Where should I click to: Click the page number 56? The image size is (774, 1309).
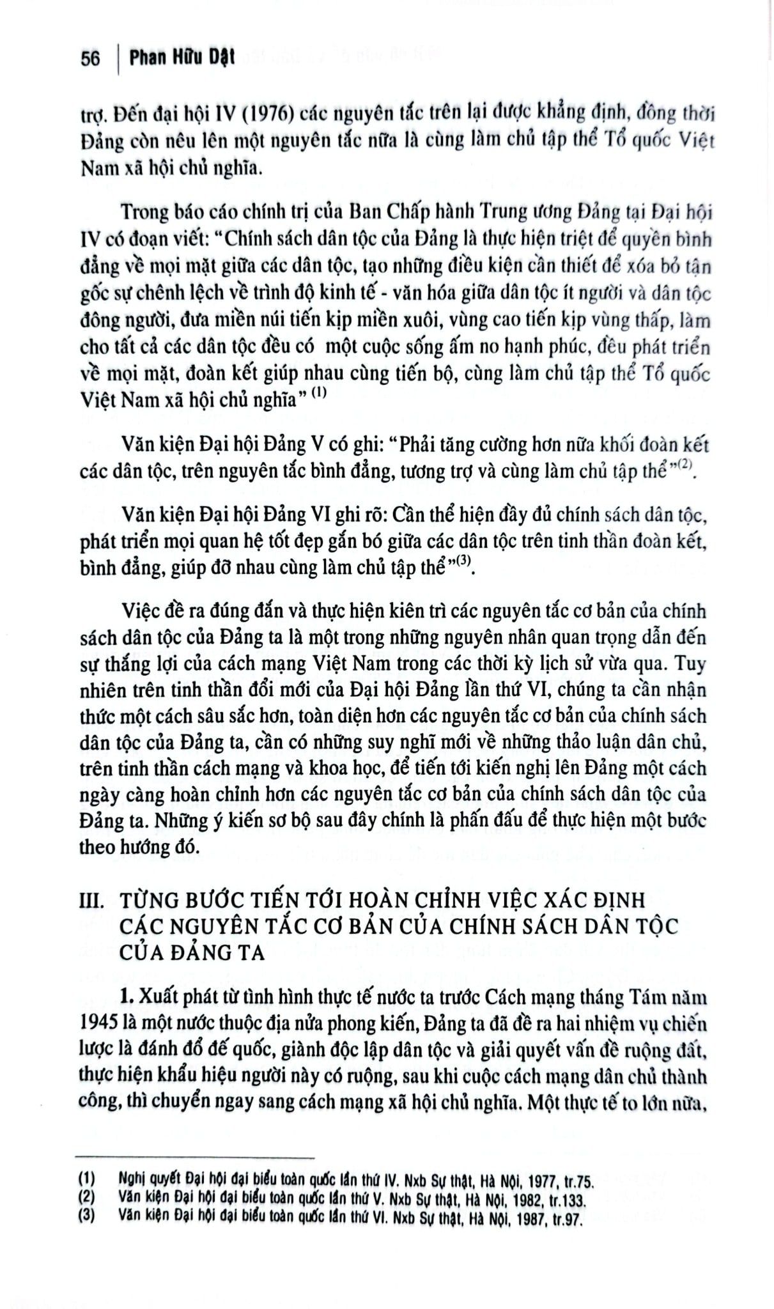[90, 59]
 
